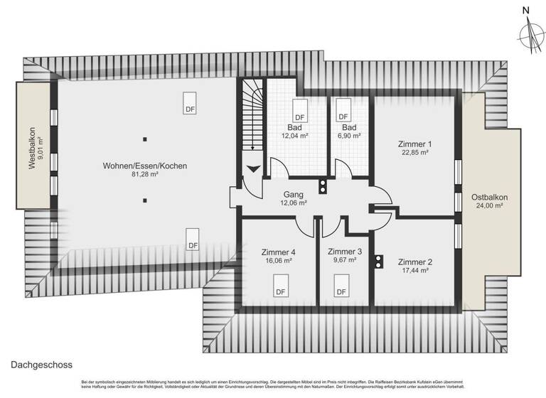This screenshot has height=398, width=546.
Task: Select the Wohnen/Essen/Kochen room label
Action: coord(144,165)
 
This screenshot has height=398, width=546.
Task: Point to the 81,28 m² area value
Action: coord(144,174)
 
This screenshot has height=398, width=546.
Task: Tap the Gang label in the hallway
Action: coord(294,193)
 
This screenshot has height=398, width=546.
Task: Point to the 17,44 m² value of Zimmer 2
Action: coord(414,270)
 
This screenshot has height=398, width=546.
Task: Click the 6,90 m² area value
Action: coord(350,135)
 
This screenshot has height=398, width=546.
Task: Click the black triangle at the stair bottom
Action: coord(252,170)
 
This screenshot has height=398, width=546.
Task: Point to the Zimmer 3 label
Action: coord(345,252)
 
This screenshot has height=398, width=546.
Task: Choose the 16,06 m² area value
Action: coord(278,261)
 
